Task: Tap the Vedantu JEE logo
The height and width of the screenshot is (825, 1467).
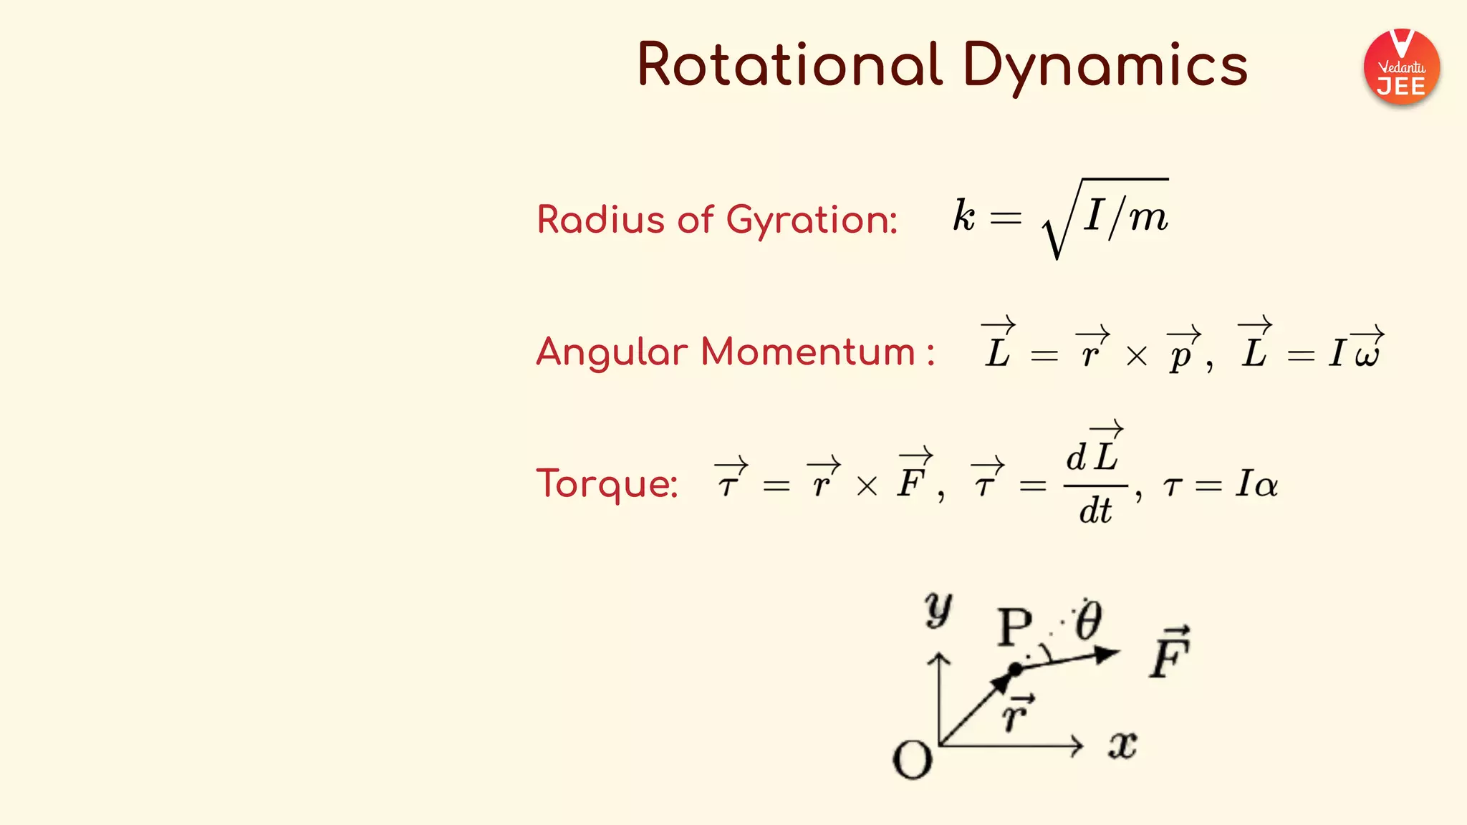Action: [1401, 67]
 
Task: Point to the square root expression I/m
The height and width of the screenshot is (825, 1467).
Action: [1107, 217]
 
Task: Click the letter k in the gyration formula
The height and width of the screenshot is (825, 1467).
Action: [964, 215]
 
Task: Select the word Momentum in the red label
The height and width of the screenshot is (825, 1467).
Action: [809, 352]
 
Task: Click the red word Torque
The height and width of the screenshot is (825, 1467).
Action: [607, 483]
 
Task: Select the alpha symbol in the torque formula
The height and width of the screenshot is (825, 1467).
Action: [1266, 486]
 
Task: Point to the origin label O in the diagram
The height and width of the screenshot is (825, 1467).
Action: [912, 759]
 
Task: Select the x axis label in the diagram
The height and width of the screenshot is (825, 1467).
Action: [1122, 746]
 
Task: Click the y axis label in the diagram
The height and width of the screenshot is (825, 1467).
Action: [938, 609]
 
